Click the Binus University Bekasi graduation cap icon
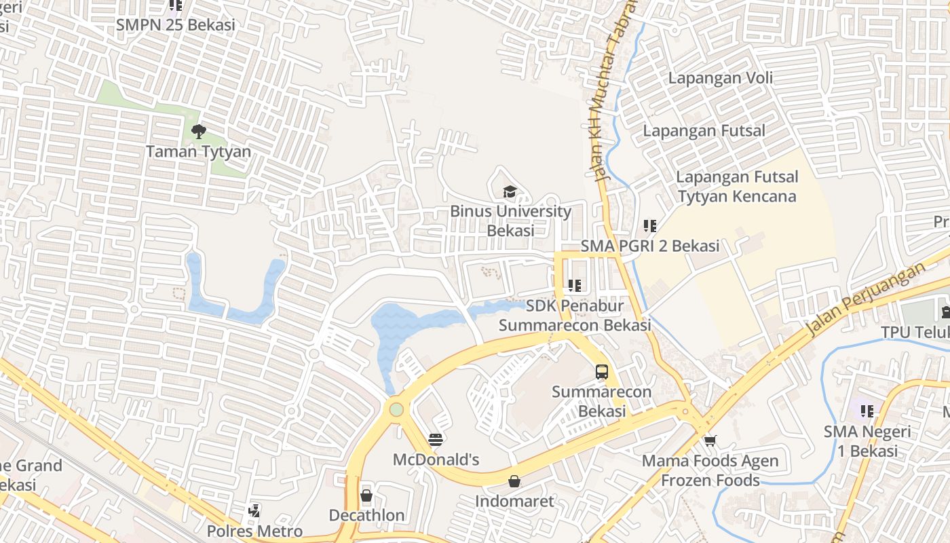click(510, 192)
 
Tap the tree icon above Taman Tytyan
click(198, 132)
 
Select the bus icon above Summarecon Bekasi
click(601, 372)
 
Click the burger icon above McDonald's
click(436, 440)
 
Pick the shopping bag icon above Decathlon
click(366, 495)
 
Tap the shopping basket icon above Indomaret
click(514, 481)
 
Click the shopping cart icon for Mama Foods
click(710, 441)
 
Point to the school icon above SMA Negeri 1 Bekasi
click(867, 411)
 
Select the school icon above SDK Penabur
click(575, 286)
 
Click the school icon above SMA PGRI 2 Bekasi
click(649, 225)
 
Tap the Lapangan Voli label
click(720, 78)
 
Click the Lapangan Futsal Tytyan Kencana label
click(737, 187)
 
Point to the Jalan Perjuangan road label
click(866, 299)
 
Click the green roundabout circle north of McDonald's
click(396, 409)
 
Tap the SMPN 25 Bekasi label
click(175, 25)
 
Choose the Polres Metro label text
click(254, 531)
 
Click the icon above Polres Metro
click(254, 510)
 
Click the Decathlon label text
click(366, 515)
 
